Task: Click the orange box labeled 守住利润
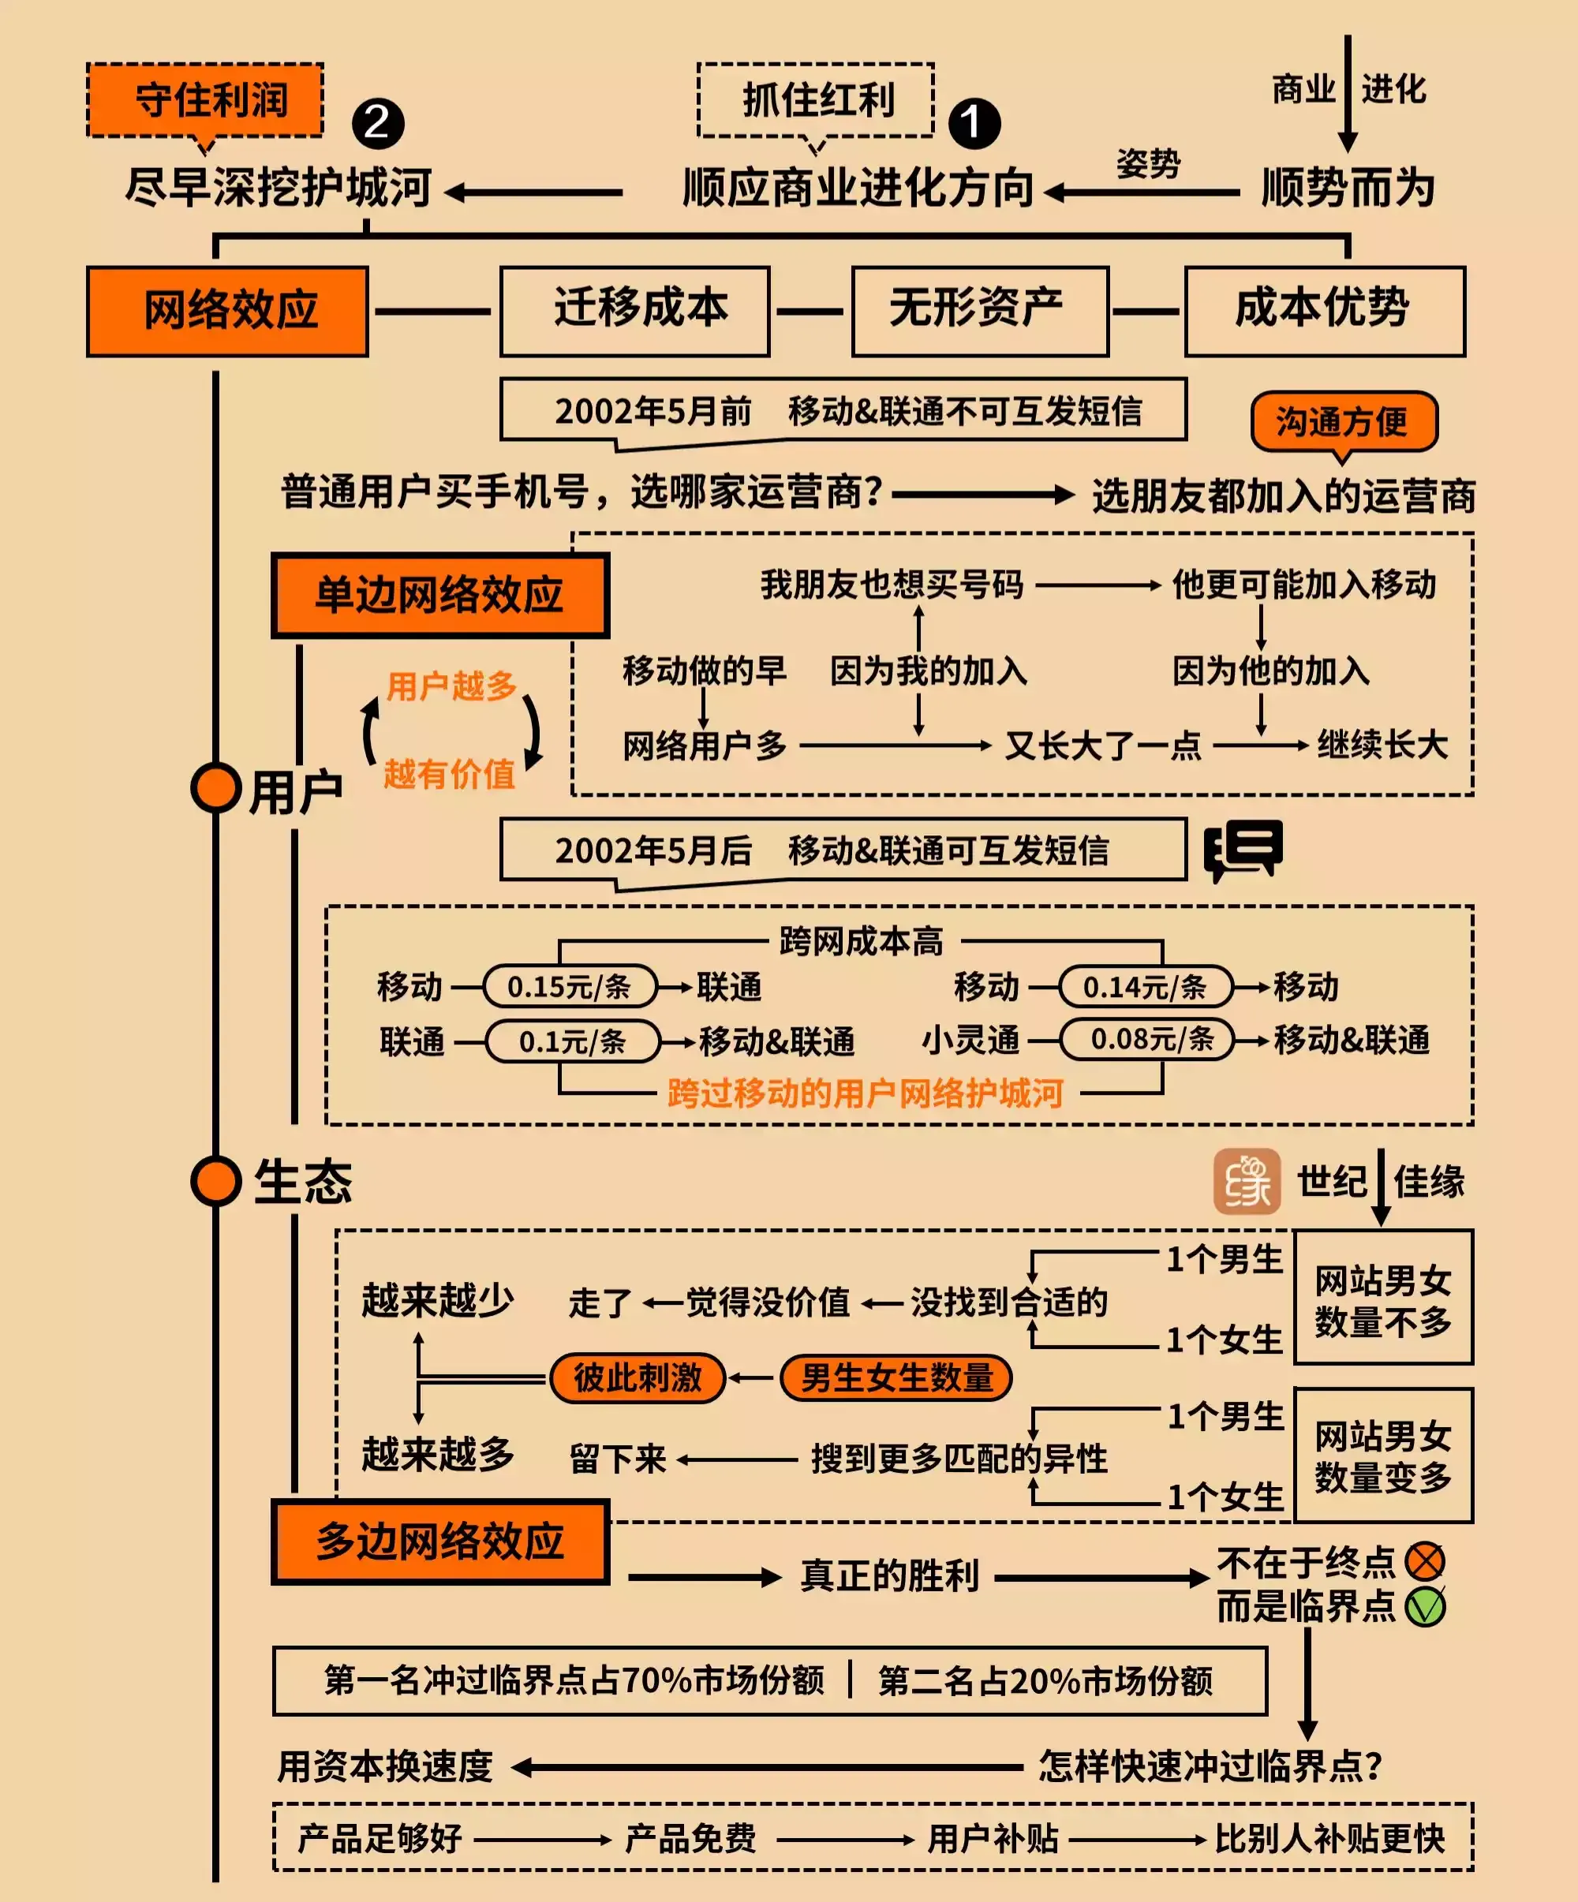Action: [x=204, y=99]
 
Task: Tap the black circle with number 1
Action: [x=974, y=123]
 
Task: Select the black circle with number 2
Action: [x=378, y=123]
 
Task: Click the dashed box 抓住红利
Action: [x=815, y=99]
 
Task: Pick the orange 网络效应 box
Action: [x=227, y=311]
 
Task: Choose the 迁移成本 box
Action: [x=635, y=311]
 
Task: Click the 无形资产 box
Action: [x=980, y=311]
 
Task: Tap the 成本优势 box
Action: [x=1325, y=311]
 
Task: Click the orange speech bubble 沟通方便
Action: [x=1344, y=421]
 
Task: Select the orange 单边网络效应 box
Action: [x=440, y=595]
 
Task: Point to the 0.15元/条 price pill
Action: [x=570, y=986]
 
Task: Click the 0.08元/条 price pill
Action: [x=1147, y=1040]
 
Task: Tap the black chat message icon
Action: [x=1243, y=850]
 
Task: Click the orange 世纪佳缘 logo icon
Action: [x=1247, y=1181]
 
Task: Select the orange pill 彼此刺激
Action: [x=638, y=1378]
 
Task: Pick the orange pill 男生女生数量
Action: [x=895, y=1378]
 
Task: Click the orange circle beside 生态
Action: [x=215, y=1181]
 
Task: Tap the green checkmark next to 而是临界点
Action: [x=1425, y=1607]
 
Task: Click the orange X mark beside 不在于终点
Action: [x=1425, y=1561]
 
